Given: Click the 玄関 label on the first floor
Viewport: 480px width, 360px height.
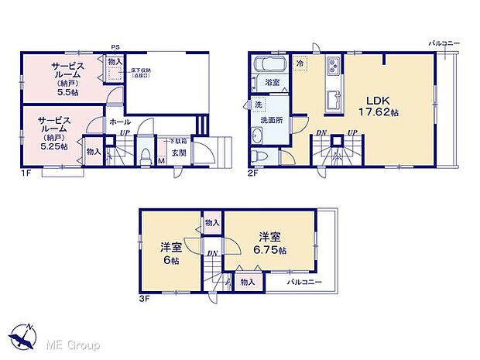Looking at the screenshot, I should [179, 152].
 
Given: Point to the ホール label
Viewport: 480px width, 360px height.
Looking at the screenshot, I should [121, 122].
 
